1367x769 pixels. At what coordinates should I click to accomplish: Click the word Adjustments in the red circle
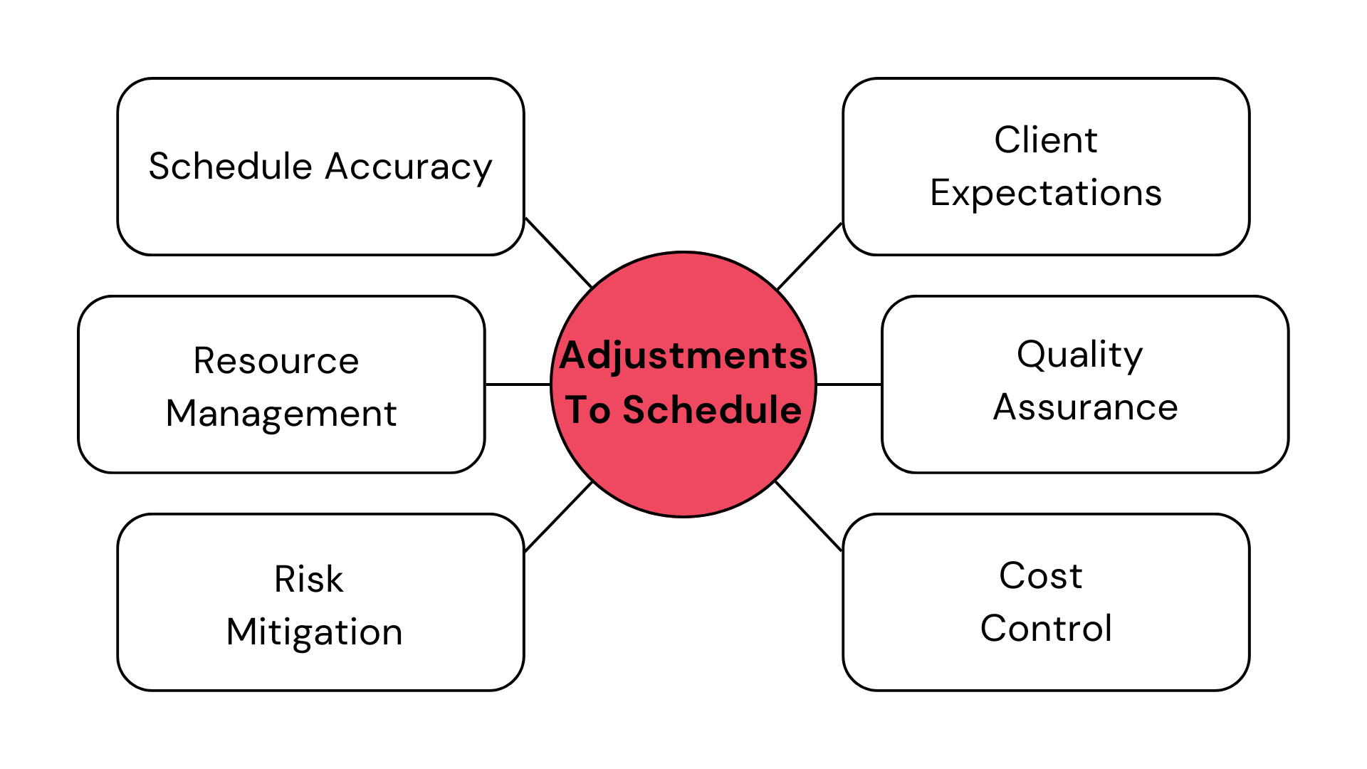click(683, 355)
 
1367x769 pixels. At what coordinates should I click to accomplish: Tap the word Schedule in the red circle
click(712, 410)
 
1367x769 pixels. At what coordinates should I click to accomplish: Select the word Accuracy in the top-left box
click(409, 167)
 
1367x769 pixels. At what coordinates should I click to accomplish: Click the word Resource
click(276, 360)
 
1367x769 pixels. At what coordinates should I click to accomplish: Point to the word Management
click(281, 414)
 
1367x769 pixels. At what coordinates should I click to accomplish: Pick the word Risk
click(309, 579)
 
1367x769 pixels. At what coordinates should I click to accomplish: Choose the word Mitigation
click(315, 632)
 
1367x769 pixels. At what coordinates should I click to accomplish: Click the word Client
click(1046, 140)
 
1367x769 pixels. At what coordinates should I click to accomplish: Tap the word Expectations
click(1046, 193)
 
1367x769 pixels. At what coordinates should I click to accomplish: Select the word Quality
click(1079, 355)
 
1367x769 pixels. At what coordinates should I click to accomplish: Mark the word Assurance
click(1085, 407)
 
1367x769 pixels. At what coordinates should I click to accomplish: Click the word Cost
click(1040, 575)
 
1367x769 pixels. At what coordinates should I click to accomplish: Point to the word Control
click(1046, 628)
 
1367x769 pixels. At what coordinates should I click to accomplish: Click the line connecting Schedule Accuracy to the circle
click(558, 253)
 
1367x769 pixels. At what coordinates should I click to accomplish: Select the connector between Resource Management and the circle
click(518, 384)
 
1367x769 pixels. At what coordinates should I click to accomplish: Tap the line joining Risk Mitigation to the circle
click(558, 517)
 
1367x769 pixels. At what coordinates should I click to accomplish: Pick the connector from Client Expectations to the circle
click(810, 256)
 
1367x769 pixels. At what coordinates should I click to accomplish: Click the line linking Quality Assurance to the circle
click(849, 384)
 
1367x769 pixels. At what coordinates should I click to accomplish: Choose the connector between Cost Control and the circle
click(808, 516)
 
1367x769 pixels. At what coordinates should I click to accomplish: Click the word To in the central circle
click(588, 410)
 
